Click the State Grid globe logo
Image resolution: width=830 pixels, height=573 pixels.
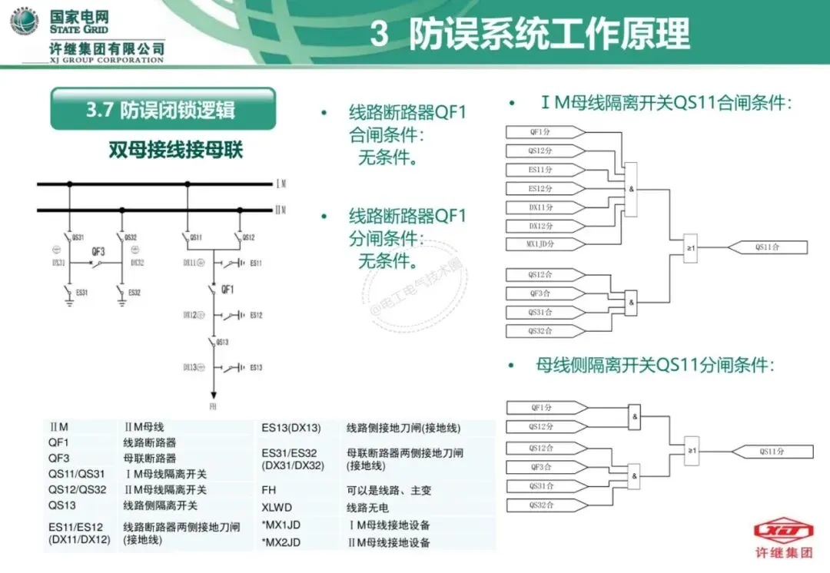(x=24, y=22)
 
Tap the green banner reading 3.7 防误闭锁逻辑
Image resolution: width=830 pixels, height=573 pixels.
(x=162, y=109)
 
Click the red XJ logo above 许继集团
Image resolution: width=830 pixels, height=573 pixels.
(x=783, y=531)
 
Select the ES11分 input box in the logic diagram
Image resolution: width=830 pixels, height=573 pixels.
(x=541, y=170)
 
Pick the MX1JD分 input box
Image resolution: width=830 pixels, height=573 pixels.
(x=541, y=244)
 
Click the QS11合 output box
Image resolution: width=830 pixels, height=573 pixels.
(x=767, y=247)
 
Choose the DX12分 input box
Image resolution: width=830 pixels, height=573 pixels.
(x=541, y=226)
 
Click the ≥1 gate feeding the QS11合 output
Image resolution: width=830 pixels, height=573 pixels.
(x=690, y=247)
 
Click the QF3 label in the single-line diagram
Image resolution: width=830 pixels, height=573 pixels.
(x=98, y=251)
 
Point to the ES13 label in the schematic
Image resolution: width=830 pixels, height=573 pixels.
(x=256, y=367)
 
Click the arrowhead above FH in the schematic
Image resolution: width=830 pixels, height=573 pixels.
(x=214, y=390)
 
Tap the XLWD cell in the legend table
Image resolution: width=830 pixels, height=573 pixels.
(x=277, y=508)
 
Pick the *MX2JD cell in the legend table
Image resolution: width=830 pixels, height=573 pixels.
(x=281, y=543)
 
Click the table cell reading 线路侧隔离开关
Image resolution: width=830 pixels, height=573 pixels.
(x=161, y=505)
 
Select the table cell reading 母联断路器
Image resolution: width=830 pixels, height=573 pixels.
(x=150, y=459)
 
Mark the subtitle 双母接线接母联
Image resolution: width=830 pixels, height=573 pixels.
(x=176, y=150)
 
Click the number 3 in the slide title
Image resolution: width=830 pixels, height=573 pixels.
(x=379, y=34)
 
